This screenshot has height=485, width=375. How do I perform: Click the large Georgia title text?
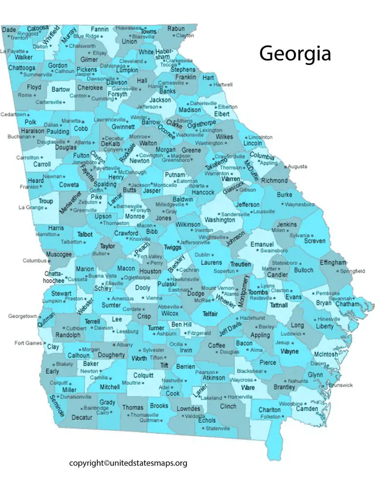pyautogui.click(x=295, y=53)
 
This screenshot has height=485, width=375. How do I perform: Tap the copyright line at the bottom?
pyautogui.click(x=128, y=463)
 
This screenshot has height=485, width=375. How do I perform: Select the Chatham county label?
pyautogui.click(x=347, y=304)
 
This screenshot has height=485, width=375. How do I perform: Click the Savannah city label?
pyautogui.click(x=339, y=298)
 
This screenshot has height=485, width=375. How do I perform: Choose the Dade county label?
pyautogui.click(x=9, y=30)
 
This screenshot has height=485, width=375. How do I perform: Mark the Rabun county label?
pyautogui.click(x=176, y=29)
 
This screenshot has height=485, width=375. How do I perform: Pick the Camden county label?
pyautogui.click(x=307, y=408)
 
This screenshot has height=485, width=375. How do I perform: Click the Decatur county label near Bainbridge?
pyautogui.click(x=82, y=418)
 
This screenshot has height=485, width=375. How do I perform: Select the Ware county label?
pyautogui.click(x=248, y=388)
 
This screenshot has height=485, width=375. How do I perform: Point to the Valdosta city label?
pyautogui.click(x=195, y=416)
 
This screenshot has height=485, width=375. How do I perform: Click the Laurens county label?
pyautogui.click(x=211, y=263)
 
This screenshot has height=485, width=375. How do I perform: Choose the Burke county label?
pyautogui.click(x=285, y=195)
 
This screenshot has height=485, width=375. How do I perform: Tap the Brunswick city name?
pyautogui.click(x=340, y=385)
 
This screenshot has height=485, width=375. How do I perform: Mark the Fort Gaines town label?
pyautogui.click(x=28, y=343)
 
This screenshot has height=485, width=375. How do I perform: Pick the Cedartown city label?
pyautogui.click(x=13, y=115)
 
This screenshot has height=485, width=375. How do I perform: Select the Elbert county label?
pyautogui.click(x=222, y=114)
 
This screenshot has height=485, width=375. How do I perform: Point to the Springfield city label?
pyautogui.click(x=352, y=270)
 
